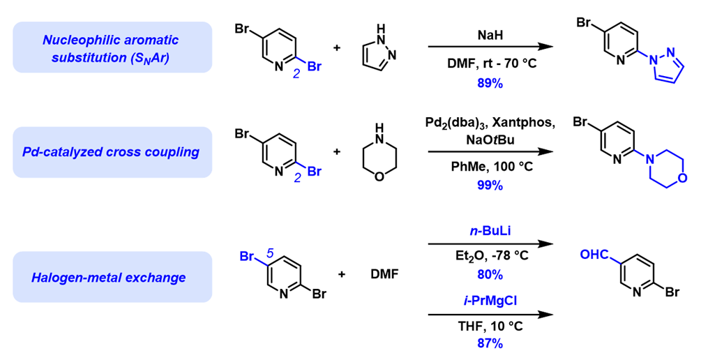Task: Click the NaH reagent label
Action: pos(490,35)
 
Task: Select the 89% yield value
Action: pos(490,83)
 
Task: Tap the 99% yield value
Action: pos(490,185)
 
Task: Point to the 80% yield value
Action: pos(490,274)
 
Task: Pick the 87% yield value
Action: pos(490,343)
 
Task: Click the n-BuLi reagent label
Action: pos(490,232)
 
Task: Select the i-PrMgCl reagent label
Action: pos(490,301)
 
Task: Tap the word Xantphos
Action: pos(525,123)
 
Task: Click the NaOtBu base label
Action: pos(490,140)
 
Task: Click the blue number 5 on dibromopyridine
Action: pos(270,253)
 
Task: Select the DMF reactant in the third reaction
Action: pos(385,273)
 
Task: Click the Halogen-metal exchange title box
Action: pos(112,277)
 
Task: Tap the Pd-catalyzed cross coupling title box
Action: pos(112,152)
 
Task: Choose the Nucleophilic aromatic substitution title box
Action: pos(112,47)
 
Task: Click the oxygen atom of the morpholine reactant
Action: pos(379,177)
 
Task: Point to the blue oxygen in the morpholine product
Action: pos(682,177)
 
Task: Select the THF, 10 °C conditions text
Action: pos(490,326)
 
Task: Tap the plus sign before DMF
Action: pos(342,273)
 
